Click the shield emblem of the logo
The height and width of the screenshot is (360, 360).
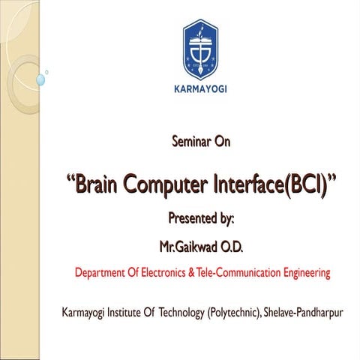click(200, 48)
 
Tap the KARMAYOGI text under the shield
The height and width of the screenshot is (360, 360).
click(200, 88)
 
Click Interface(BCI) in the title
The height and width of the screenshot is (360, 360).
click(277, 182)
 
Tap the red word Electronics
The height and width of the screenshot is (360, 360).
click(165, 273)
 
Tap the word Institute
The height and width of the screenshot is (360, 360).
click(130, 311)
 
